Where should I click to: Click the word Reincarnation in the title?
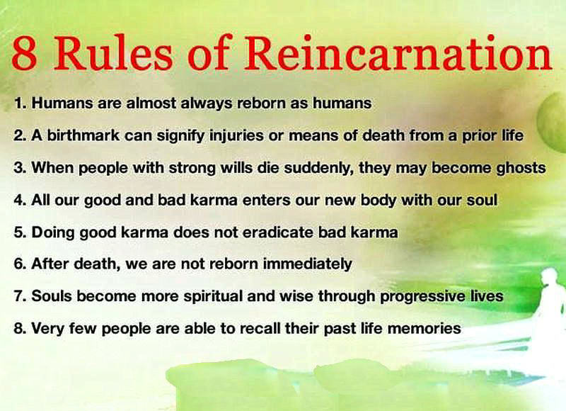(x=398, y=52)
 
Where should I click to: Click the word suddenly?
(x=319, y=168)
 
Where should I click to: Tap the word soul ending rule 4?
(x=482, y=200)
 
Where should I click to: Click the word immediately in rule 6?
(x=307, y=264)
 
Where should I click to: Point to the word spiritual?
(x=213, y=296)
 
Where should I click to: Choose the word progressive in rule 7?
(x=422, y=296)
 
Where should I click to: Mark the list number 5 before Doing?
(x=20, y=232)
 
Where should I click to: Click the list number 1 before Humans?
(x=20, y=103)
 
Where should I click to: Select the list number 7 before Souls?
(x=20, y=296)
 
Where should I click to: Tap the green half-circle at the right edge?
(x=553, y=119)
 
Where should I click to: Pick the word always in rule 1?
(x=206, y=104)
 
